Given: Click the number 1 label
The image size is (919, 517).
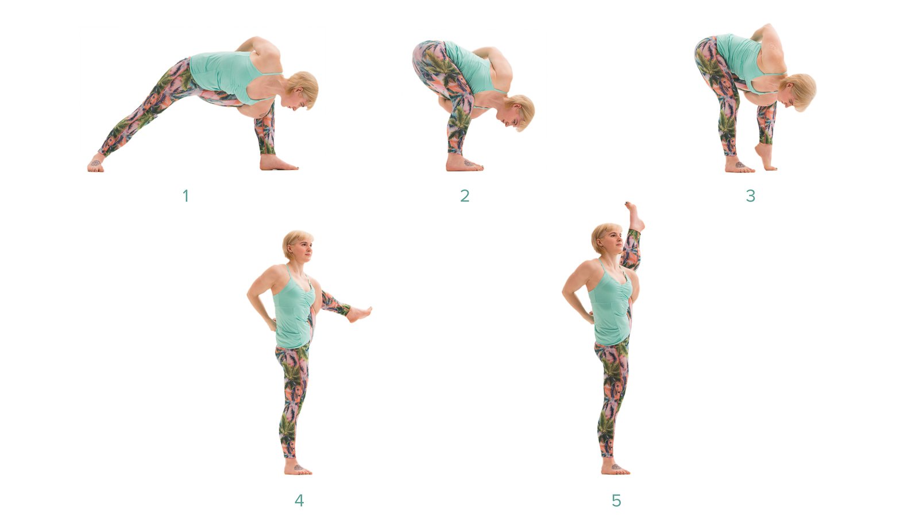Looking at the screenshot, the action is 186,196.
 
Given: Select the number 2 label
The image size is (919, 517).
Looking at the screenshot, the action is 465,196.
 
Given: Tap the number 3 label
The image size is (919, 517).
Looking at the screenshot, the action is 750,196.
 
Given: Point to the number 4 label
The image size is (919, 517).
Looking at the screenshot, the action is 299,500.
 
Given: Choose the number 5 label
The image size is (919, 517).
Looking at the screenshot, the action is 616,500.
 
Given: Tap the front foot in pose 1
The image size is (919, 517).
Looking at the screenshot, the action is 278,163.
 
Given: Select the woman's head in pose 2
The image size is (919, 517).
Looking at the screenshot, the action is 519,112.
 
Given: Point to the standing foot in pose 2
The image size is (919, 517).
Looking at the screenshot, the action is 464,163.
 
